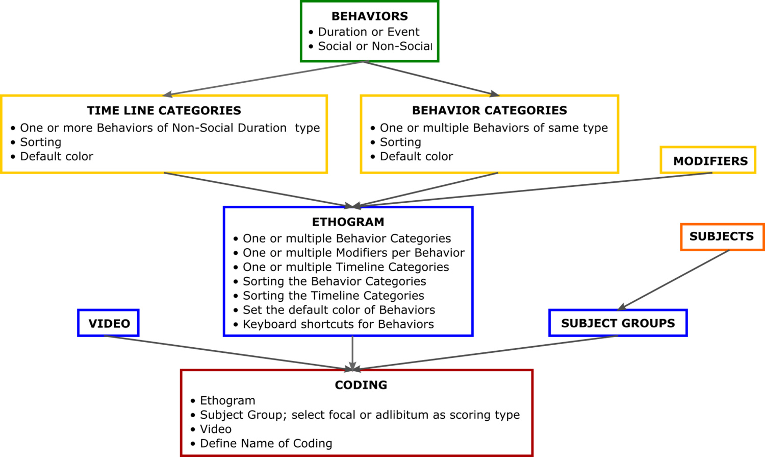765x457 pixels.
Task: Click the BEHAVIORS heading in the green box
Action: (370, 16)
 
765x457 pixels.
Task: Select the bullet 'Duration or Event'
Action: (369, 32)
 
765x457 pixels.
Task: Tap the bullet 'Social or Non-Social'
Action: (375, 46)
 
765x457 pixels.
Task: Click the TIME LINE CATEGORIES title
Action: (164, 110)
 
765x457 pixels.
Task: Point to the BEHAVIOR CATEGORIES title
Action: (490, 110)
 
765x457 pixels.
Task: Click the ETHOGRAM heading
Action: (348, 222)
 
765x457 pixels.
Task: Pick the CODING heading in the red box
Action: (361, 385)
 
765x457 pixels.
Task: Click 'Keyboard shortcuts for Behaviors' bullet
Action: (338, 324)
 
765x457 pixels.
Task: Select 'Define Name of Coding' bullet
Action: (266, 443)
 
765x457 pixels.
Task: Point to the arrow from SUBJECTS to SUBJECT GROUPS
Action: (674, 280)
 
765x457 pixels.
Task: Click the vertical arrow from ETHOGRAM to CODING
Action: (352, 353)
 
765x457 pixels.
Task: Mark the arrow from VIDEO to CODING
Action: (228, 353)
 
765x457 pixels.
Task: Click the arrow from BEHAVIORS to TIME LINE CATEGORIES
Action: (265, 78)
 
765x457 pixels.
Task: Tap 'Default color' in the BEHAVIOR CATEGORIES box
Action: (416, 156)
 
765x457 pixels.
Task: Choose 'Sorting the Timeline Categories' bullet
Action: (334, 295)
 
